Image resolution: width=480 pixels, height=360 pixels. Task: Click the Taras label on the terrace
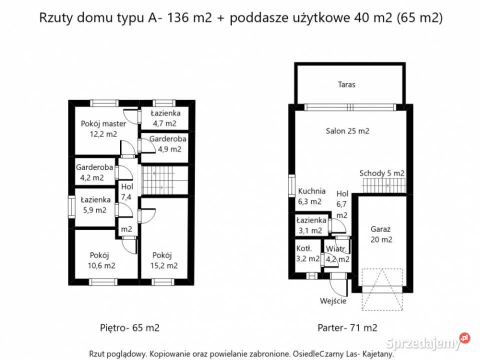point(346,84)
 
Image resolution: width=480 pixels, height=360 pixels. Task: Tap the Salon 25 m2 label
point(347,131)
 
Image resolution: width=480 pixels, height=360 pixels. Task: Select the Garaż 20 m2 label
point(381,234)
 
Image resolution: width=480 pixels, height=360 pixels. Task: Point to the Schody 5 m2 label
point(382,173)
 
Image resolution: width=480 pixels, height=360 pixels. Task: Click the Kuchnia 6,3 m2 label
point(311,196)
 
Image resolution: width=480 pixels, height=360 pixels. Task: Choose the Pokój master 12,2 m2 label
point(103,129)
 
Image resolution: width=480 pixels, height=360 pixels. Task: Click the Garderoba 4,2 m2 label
point(94,172)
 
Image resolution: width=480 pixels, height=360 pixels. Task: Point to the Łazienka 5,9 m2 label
point(95,205)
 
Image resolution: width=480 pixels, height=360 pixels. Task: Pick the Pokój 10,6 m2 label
point(102,260)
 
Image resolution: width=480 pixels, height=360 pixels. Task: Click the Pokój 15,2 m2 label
point(165,260)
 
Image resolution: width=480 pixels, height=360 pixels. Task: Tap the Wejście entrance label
point(333,301)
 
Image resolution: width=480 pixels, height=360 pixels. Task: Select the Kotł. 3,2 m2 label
point(307,253)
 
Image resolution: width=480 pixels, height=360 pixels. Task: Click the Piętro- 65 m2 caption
point(129,328)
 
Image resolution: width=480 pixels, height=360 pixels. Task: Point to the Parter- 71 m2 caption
point(347,328)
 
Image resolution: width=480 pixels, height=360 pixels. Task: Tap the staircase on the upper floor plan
point(164,180)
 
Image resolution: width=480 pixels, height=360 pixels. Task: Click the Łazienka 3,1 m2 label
point(311,225)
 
